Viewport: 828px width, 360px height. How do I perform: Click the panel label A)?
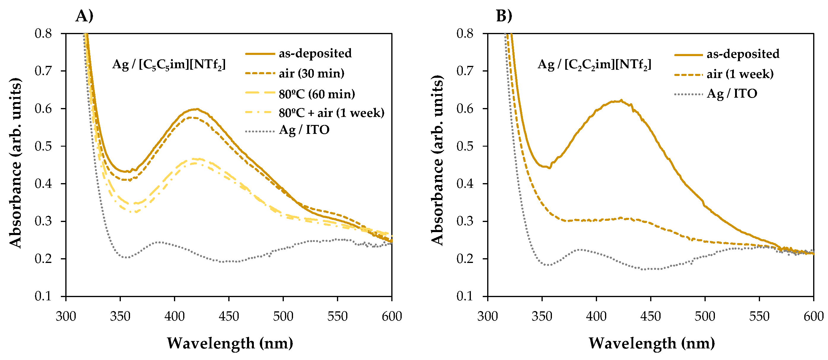[84, 16]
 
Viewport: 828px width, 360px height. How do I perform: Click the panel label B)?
[504, 16]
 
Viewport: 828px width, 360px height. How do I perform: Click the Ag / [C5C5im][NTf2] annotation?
[169, 65]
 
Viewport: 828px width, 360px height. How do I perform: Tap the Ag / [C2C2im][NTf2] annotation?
[594, 65]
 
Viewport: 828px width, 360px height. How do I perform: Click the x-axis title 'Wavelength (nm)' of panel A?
[230, 343]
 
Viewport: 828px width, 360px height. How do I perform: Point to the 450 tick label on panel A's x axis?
[229, 316]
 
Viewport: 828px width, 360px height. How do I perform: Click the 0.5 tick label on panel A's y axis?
[43, 146]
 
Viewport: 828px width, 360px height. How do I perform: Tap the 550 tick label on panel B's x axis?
[759, 316]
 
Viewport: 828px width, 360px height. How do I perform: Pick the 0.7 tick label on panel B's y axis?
[465, 71]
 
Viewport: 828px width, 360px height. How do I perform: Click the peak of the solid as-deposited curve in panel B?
[621, 101]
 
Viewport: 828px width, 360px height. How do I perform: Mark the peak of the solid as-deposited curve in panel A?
[197, 109]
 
